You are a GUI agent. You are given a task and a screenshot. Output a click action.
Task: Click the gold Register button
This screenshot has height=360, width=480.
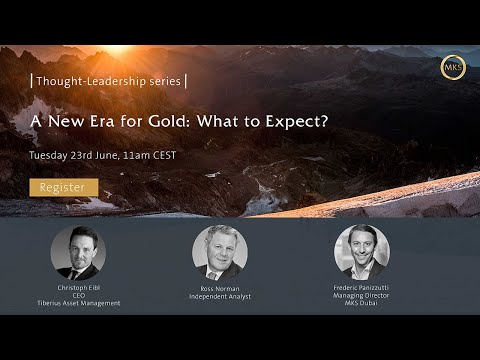coord(63,187)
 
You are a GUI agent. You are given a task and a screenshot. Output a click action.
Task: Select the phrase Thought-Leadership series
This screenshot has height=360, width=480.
coord(107,81)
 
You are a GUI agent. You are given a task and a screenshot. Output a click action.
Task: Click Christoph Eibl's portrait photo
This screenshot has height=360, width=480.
coord(78,251)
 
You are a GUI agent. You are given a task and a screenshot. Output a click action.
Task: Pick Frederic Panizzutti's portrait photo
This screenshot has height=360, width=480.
coord(361,251)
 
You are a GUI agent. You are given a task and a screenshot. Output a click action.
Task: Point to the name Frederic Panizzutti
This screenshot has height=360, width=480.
coord(361,287)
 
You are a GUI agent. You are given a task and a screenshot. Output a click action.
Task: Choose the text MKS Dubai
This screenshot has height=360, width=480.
coord(361,303)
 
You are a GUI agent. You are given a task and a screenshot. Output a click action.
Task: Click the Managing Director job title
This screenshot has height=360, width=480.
coord(361,295)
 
